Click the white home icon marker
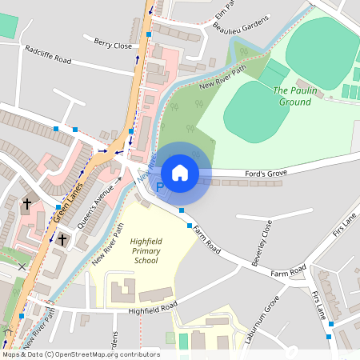[x=180, y=172]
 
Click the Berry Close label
[x=113, y=46]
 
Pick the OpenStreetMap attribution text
[x=80, y=354]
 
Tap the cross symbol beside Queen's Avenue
[x=62, y=238]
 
